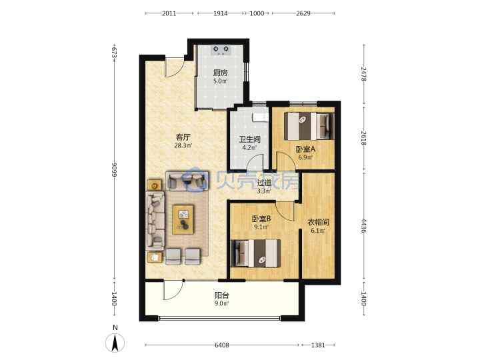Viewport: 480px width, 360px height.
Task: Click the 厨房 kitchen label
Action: pyautogui.click(x=221, y=73)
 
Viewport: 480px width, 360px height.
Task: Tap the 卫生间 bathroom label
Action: pyautogui.click(x=249, y=139)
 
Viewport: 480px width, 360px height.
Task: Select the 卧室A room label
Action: pyautogui.click(x=305, y=149)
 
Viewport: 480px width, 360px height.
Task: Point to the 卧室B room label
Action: pyautogui.click(x=261, y=219)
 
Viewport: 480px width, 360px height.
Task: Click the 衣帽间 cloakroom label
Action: pyautogui.click(x=318, y=222)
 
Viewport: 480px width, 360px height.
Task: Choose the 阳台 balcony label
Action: pyautogui.click(x=221, y=295)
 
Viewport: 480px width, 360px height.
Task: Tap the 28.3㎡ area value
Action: pyautogui.click(x=183, y=145)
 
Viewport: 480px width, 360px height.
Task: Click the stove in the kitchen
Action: pyautogui.click(x=221, y=50)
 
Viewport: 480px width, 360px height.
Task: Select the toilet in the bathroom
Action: pyautogui.click(x=260, y=117)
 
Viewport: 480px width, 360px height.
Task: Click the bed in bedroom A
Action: pyautogui.click(x=309, y=126)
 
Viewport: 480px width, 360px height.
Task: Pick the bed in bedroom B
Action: pyautogui.click(x=255, y=253)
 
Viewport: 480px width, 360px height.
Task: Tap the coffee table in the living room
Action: pyautogui.click(x=183, y=219)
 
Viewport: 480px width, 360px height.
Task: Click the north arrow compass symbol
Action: pyautogui.click(x=115, y=342)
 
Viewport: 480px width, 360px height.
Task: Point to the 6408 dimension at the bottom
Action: pyautogui.click(x=222, y=345)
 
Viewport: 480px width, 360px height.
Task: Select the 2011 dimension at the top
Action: pyautogui.click(x=169, y=13)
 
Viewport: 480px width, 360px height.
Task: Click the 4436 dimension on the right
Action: pyautogui.click(x=364, y=225)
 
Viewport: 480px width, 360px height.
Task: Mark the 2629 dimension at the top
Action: pyautogui.click(x=303, y=13)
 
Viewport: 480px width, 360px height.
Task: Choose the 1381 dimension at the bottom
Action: pyautogui.click(x=318, y=345)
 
